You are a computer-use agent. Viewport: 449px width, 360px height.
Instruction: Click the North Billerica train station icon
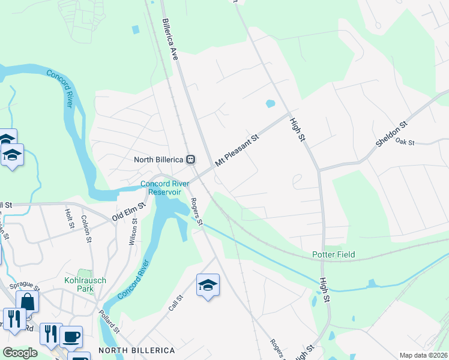point(190,160)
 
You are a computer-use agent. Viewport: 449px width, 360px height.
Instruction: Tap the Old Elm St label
point(129,212)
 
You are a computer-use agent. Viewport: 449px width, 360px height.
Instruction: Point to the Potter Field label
point(333,255)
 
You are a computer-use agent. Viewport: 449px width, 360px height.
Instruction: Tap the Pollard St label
point(110,322)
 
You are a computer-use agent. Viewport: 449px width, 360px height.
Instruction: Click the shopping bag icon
point(27,301)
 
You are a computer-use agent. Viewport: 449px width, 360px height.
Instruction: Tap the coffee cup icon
point(71,337)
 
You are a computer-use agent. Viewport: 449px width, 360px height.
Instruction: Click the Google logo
point(20,353)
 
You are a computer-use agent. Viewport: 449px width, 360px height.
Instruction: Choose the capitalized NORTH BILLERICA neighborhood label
point(136,350)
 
